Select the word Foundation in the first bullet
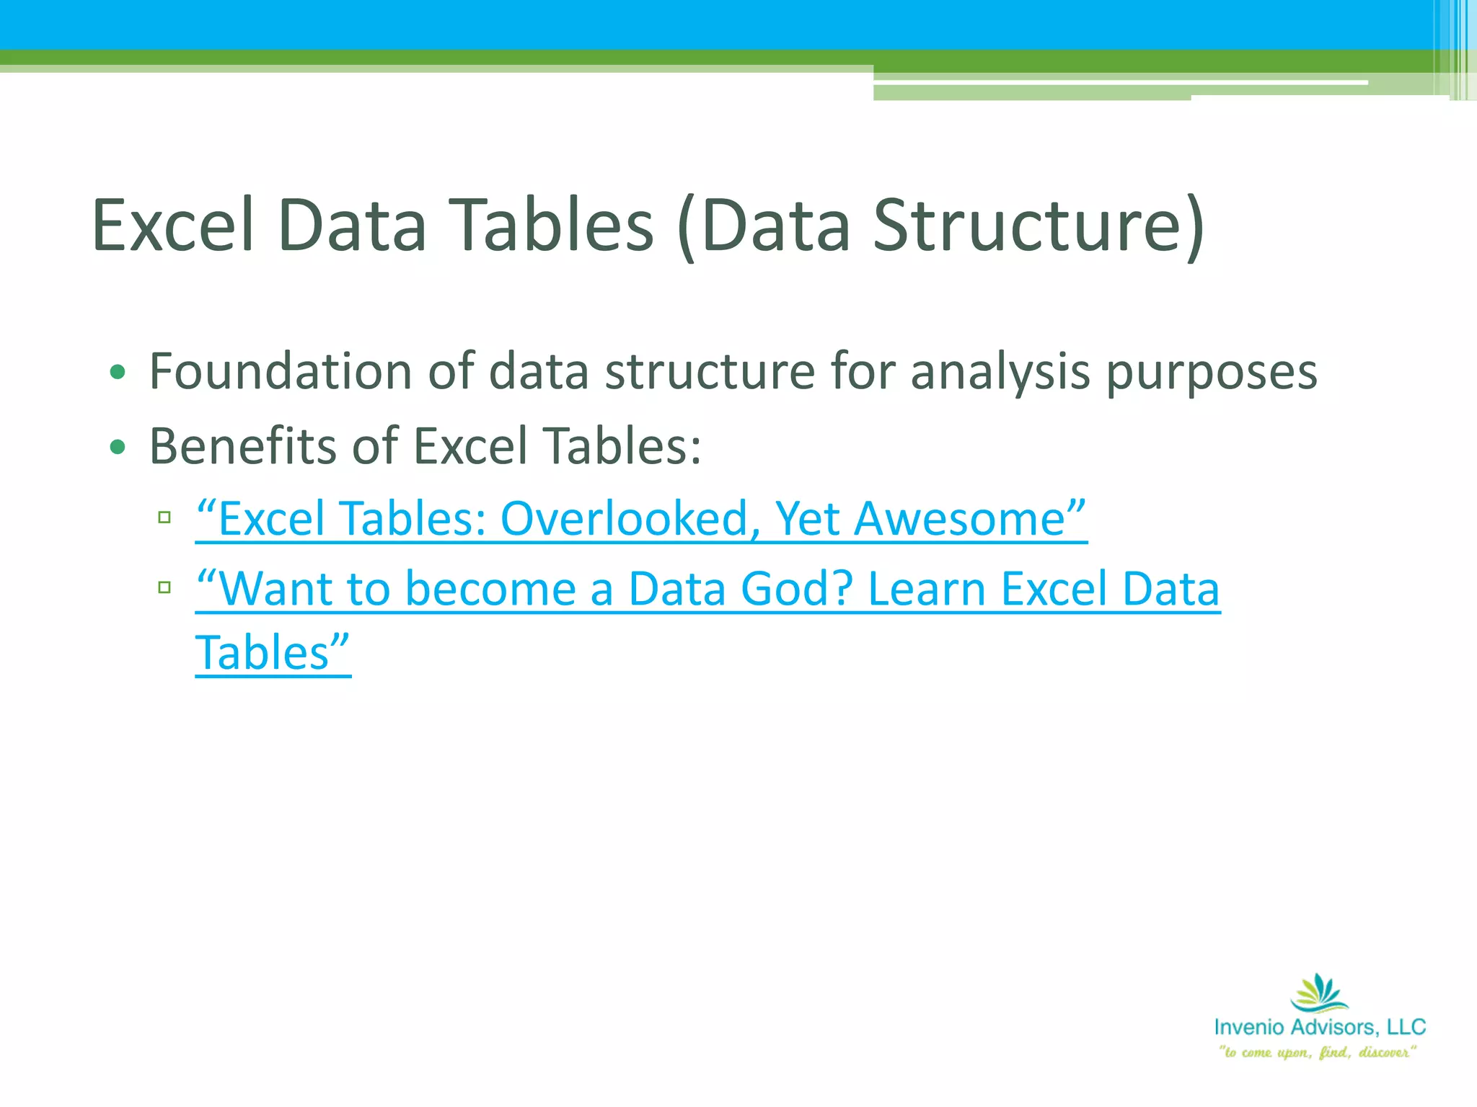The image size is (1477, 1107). pyautogui.click(x=280, y=372)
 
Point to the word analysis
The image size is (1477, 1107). pyautogui.click(x=1000, y=373)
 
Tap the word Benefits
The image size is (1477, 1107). pyautogui.click(x=242, y=446)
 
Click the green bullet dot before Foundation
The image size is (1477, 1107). pyautogui.click(x=118, y=373)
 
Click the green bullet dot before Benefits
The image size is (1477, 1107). pyautogui.click(x=118, y=448)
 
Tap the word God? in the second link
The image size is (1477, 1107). pyautogui.click(x=797, y=590)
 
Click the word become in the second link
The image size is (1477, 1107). pyautogui.click(x=490, y=590)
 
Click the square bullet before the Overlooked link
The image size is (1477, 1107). pyautogui.click(x=164, y=517)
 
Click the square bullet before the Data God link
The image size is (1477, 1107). pyautogui.click(x=164, y=587)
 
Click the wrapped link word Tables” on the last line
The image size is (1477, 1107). pyautogui.click(x=273, y=653)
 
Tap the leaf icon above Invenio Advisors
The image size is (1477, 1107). pyautogui.click(x=1319, y=993)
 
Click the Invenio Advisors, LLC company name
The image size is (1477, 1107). pyautogui.click(x=1320, y=1027)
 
